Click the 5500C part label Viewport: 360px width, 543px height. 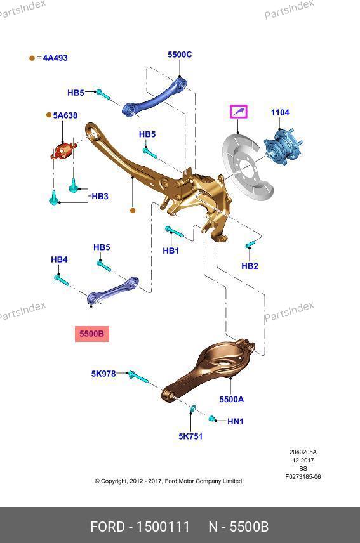[180, 55]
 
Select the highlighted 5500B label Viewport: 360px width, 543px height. [92, 334]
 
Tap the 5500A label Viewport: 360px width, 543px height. [232, 399]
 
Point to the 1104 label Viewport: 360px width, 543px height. [280, 112]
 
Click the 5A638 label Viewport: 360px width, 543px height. [65, 115]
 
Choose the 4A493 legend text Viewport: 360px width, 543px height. [55, 58]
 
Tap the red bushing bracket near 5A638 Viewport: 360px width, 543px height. [63, 152]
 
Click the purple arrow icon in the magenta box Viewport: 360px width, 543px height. [239, 112]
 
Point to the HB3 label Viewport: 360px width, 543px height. [100, 197]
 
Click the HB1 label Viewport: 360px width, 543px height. [171, 251]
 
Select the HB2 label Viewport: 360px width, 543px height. [250, 266]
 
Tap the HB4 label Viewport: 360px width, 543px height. [59, 259]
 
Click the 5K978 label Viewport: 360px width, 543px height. [103, 374]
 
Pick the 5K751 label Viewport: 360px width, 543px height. [190, 436]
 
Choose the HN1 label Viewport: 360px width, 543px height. [236, 421]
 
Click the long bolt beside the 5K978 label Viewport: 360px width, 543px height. [138, 377]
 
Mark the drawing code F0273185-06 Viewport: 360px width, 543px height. [303, 477]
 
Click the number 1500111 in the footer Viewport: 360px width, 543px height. [163, 527]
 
